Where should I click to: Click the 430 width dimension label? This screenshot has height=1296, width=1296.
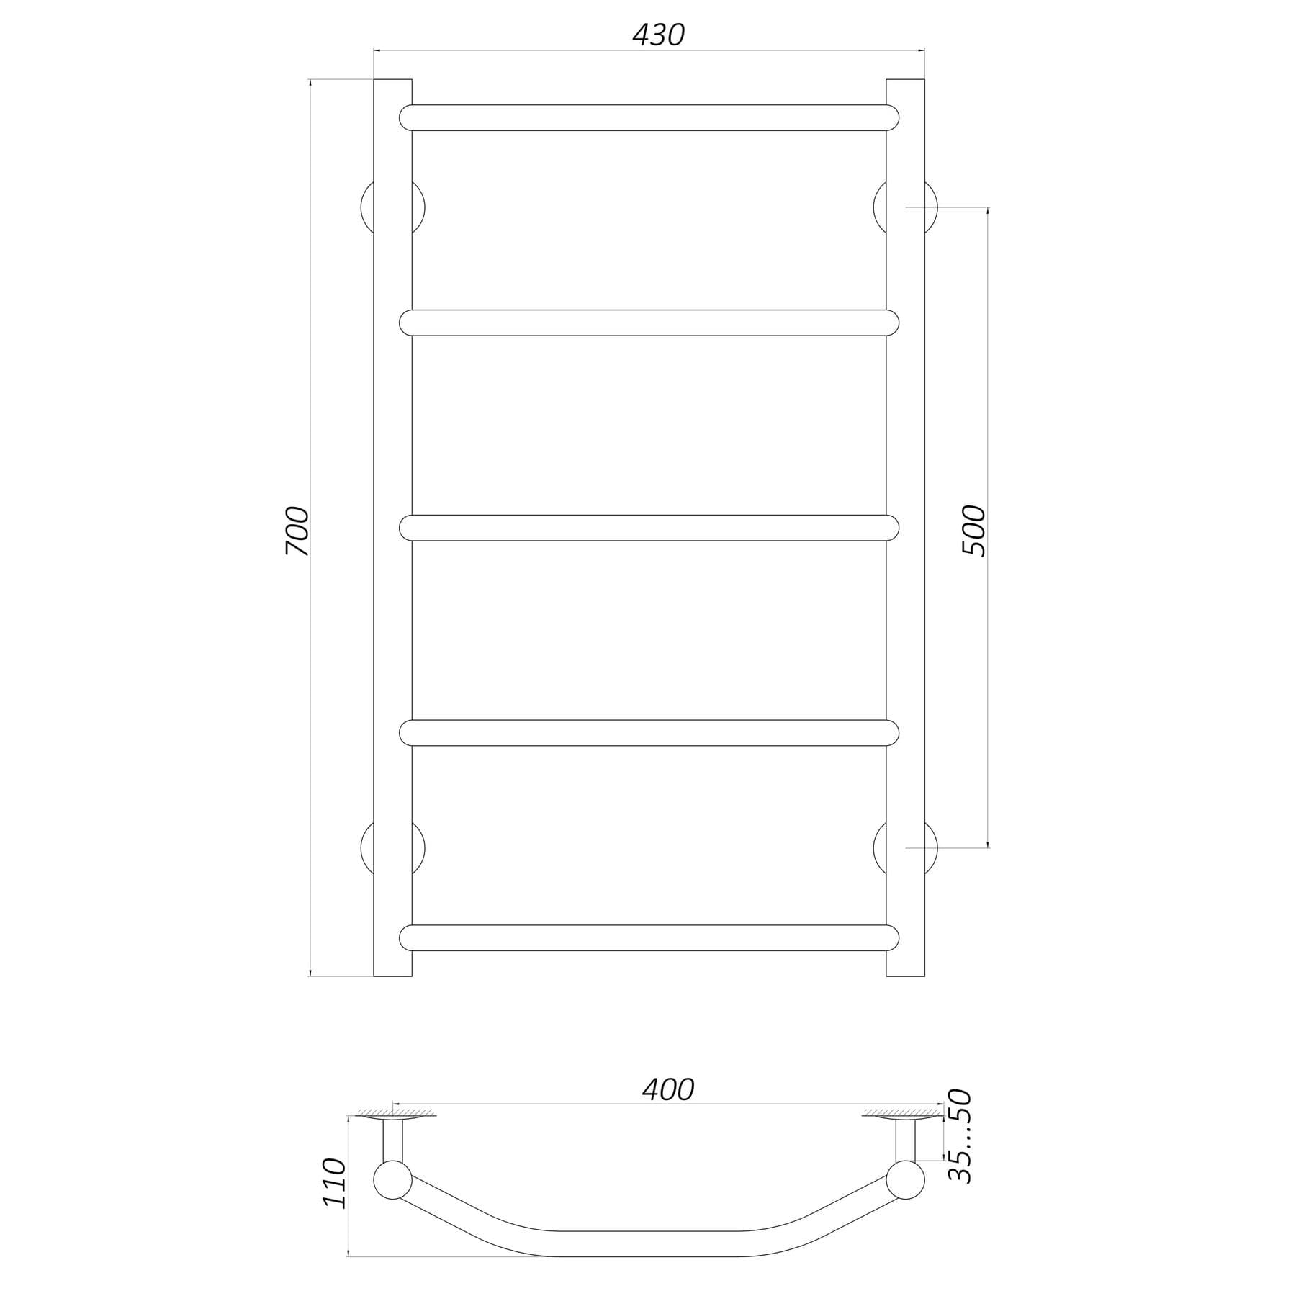(658, 35)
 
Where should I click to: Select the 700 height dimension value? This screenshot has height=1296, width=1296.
(297, 531)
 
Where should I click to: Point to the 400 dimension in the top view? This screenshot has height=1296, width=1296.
(668, 1090)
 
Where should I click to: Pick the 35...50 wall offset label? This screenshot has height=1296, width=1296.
(960, 1135)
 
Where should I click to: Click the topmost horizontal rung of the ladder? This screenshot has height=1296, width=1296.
(649, 117)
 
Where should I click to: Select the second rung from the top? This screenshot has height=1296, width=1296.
(649, 323)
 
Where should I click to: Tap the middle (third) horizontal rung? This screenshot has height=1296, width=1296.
(649, 528)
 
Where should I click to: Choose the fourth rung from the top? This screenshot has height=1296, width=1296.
(649, 732)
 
